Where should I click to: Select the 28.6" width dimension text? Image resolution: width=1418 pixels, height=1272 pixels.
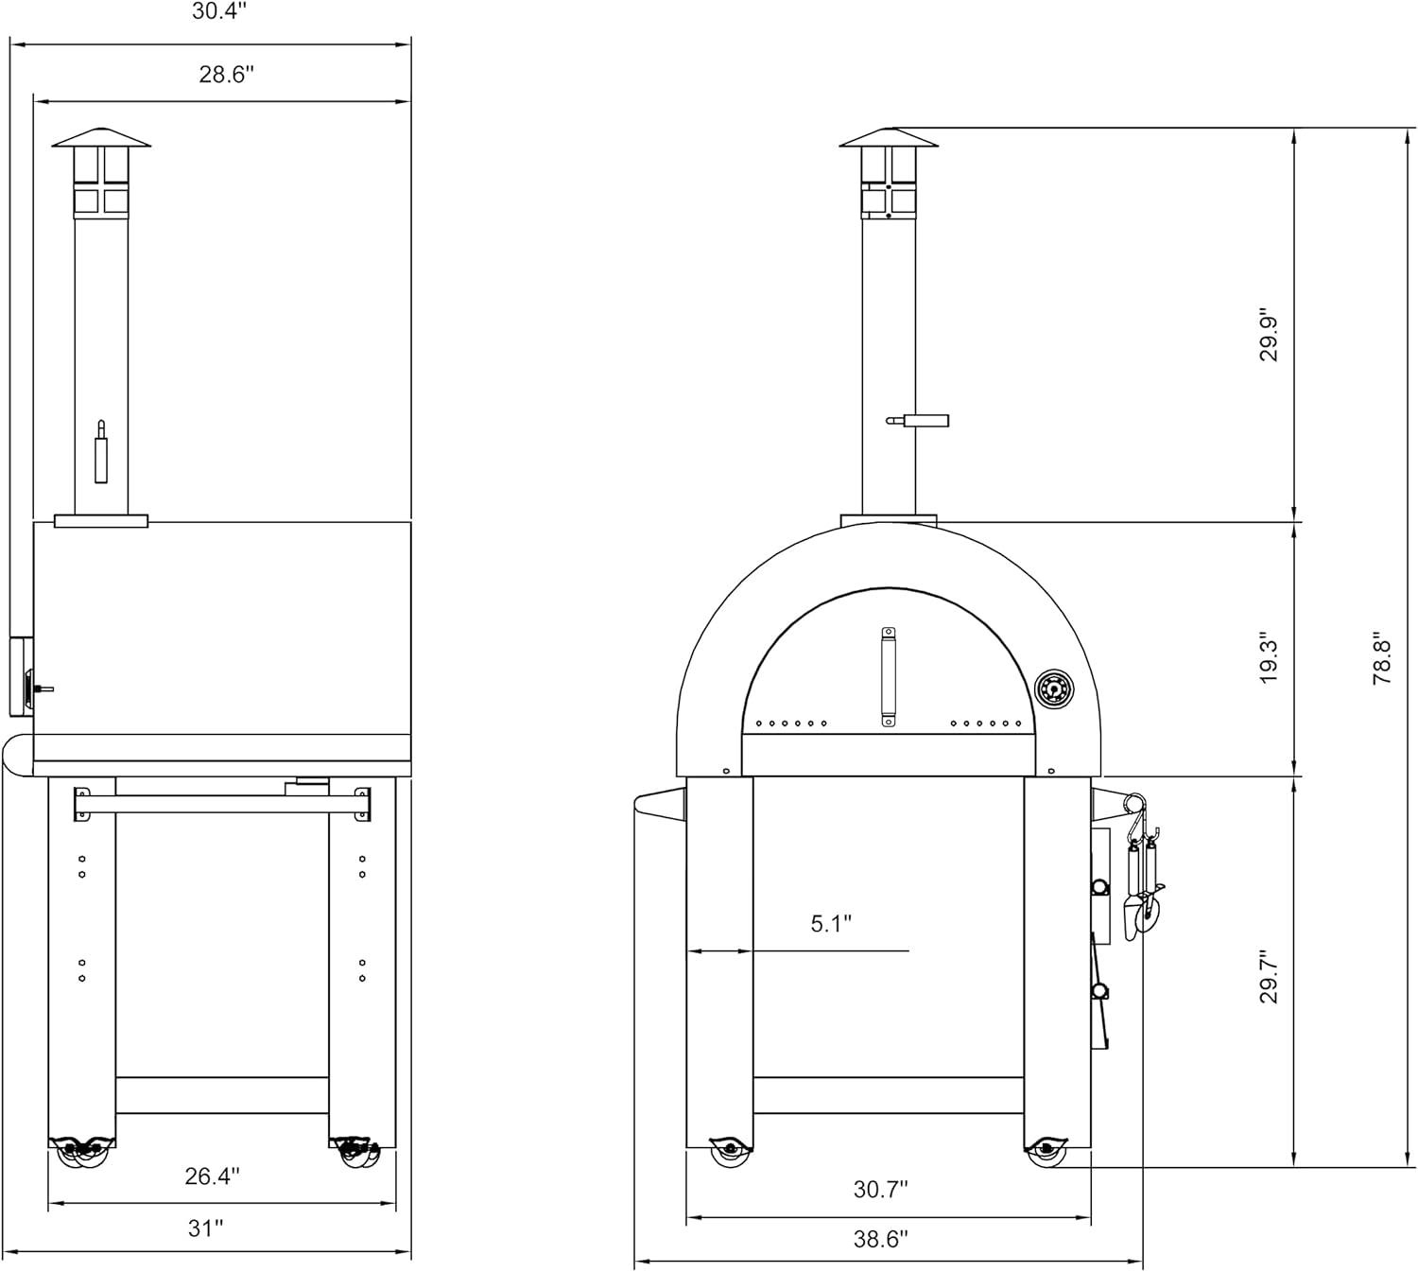point(226,74)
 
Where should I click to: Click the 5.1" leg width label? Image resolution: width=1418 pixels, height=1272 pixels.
point(831,924)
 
